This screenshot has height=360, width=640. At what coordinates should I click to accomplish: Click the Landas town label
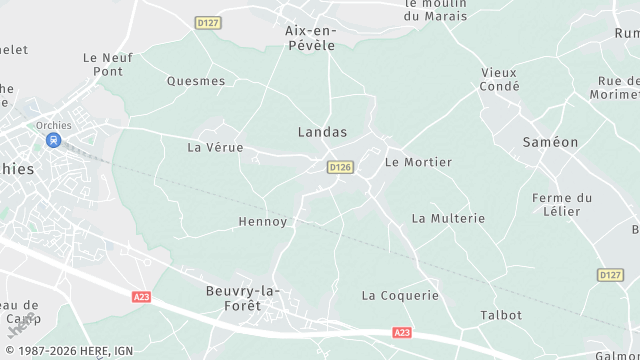[x=322, y=132]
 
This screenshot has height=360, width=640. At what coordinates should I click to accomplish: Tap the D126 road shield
[x=340, y=167]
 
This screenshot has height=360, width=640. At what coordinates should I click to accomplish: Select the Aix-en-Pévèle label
[x=311, y=38]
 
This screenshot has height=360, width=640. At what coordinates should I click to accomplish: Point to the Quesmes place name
[x=196, y=81]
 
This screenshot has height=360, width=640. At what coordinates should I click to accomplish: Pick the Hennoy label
[x=263, y=221]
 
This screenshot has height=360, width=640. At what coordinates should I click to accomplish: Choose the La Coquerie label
[x=400, y=295]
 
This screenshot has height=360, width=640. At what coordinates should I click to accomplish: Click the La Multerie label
[x=448, y=218]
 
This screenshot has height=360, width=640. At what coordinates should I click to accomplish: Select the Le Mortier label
[x=418, y=162]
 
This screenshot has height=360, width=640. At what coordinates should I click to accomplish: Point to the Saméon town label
[x=550, y=142]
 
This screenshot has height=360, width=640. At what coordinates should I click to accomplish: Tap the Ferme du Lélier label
[x=563, y=205]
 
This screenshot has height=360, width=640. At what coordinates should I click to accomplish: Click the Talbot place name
[x=501, y=315]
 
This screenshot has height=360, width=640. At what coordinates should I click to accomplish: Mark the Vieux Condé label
[x=500, y=79]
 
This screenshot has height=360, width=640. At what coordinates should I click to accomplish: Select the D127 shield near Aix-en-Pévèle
[x=208, y=22]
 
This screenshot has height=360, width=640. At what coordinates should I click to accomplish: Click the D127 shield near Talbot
[x=610, y=274]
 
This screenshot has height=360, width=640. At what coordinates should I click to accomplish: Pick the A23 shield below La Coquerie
[x=402, y=332]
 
